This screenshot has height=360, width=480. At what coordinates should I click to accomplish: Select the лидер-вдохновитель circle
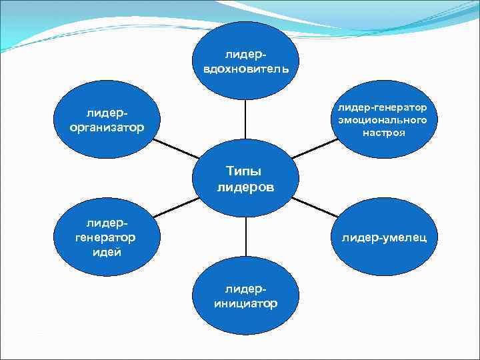245,60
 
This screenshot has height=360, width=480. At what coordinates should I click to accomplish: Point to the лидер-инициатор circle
245,297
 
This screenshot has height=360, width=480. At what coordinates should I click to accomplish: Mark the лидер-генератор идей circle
107,237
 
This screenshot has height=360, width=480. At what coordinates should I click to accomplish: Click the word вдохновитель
245,68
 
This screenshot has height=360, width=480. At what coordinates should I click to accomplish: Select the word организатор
107,127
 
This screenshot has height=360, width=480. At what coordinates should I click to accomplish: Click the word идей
107,252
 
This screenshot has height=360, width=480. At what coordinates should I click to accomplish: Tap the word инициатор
246,303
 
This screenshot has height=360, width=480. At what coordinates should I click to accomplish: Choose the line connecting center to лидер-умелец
315,207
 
